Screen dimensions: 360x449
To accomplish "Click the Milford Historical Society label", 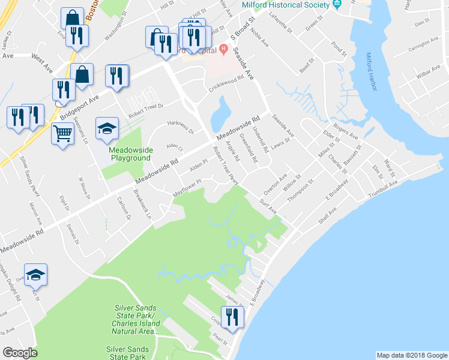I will pos(286,5).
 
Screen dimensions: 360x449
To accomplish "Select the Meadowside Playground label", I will pos(129,154).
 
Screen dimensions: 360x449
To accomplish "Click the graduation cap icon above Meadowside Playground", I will pos(107,128).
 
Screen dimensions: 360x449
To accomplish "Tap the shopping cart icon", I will pos(62,134).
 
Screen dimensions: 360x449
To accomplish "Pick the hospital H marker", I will pos(223,49).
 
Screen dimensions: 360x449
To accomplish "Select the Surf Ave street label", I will pos(268,206).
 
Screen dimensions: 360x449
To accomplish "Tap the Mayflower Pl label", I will pos(187,190).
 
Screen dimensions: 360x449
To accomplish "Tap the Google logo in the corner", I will pos(20,352).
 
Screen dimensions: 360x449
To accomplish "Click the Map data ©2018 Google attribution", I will pos(411,355).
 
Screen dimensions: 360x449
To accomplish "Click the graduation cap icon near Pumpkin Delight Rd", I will pos(35,274).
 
